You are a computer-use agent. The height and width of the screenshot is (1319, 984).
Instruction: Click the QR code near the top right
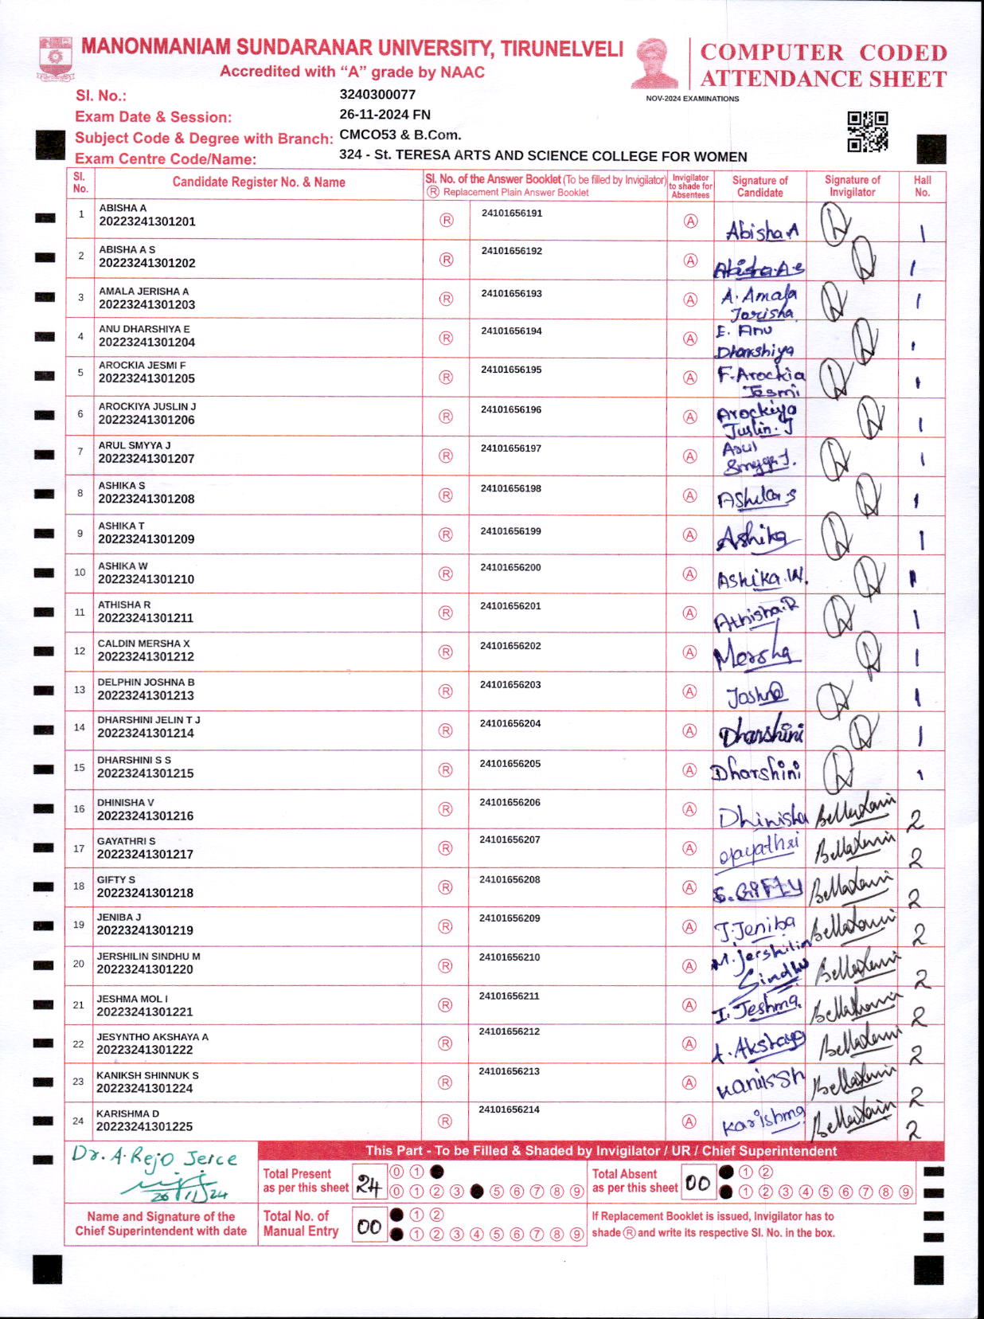tap(867, 131)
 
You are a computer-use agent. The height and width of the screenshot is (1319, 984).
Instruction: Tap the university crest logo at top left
tap(55, 57)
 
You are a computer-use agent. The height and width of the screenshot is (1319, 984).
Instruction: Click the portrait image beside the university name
tap(655, 63)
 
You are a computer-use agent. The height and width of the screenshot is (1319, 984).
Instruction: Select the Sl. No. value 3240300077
tap(377, 95)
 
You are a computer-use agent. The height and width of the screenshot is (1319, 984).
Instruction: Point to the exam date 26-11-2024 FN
tap(385, 115)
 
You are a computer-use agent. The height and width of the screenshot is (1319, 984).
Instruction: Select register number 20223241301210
tap(146, 579)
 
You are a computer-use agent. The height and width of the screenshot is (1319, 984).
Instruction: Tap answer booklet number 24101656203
tap(510, 685)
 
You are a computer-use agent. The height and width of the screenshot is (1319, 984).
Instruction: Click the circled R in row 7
tap(446, 456)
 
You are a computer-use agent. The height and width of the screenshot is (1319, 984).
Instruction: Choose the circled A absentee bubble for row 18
tap(690, 887)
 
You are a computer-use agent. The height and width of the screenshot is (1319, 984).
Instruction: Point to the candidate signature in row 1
tap(761, 231)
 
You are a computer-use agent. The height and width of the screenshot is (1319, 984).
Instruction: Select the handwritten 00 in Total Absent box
tap(697, 1184)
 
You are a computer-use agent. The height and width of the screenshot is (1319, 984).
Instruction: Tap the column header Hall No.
tap(922, 186)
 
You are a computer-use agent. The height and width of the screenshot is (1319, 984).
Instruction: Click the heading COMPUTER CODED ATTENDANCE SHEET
tap(823, 65)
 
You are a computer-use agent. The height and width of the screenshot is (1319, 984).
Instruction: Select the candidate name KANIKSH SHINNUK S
tap(147, 1075)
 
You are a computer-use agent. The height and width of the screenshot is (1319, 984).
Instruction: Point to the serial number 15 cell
tap(80, 768)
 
